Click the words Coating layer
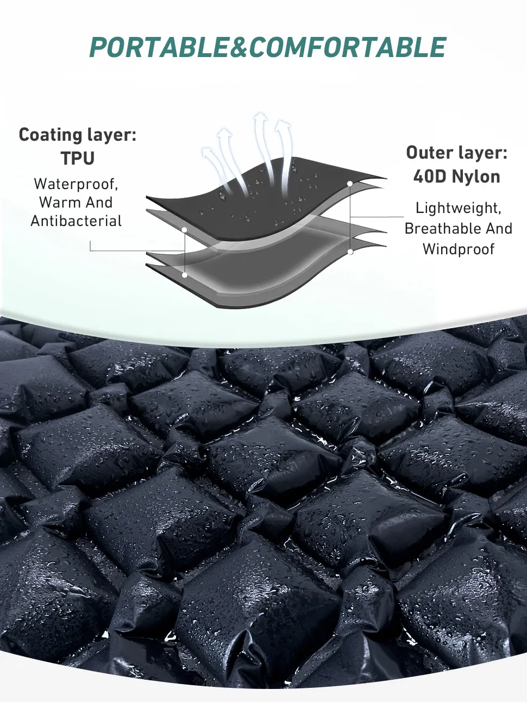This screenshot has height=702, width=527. click(x=78, y=135)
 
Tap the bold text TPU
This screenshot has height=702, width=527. click(x=78, y=158)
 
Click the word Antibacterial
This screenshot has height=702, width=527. click(x=76, y=221)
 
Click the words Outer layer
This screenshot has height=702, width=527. click(x=457, y=153)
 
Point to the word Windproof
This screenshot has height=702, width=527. click(x=459, y=249)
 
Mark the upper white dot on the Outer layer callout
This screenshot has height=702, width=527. click(x=350, y=184)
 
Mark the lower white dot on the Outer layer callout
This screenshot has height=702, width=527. click(x=350, y=252)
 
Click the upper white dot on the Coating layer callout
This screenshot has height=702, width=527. click(x=185, y=230)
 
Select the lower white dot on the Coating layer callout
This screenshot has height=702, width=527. click(x=185, y=275)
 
